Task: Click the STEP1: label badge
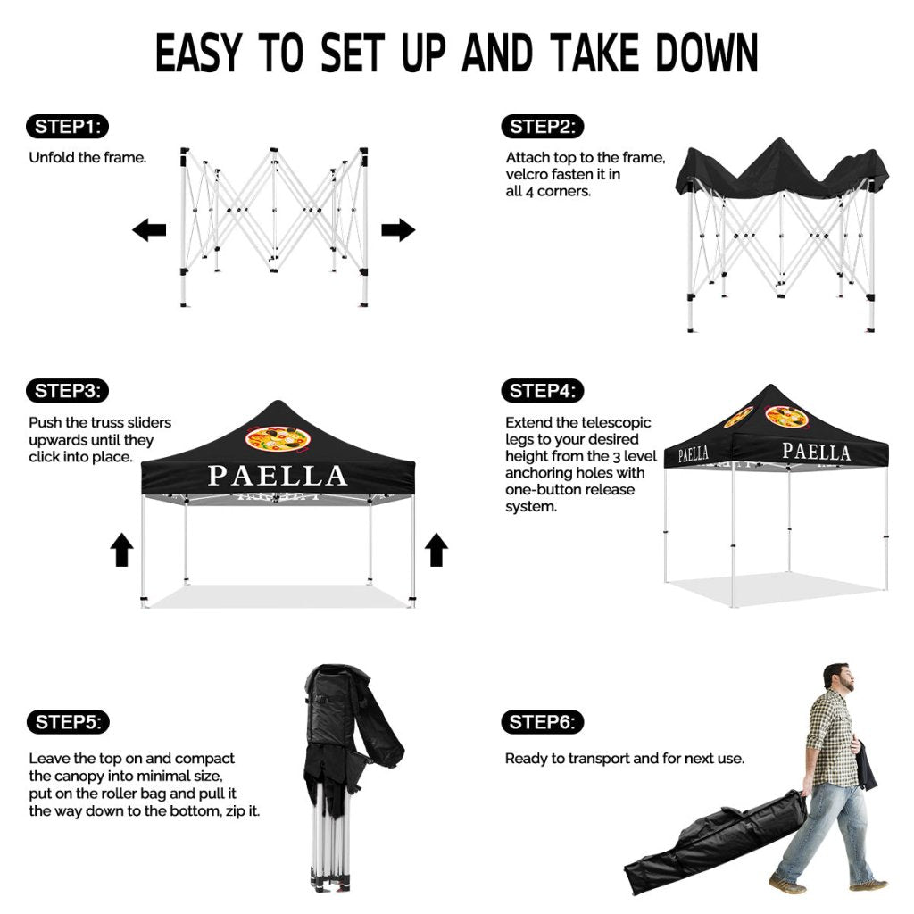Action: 68,127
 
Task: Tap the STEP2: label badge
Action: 543,127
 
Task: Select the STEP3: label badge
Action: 68,391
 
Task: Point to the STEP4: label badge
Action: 543,391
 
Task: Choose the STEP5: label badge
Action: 68,722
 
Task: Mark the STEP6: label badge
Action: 543,722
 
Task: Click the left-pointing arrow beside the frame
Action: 149,229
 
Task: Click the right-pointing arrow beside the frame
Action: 398,229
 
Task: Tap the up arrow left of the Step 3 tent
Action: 121,550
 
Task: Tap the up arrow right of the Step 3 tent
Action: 436,550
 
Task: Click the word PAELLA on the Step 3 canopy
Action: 278,476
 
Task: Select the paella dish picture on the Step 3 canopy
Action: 277,439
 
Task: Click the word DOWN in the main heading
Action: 707,53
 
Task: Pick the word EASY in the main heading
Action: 198,53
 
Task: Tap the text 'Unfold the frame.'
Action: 87,157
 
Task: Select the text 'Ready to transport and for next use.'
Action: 625,759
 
